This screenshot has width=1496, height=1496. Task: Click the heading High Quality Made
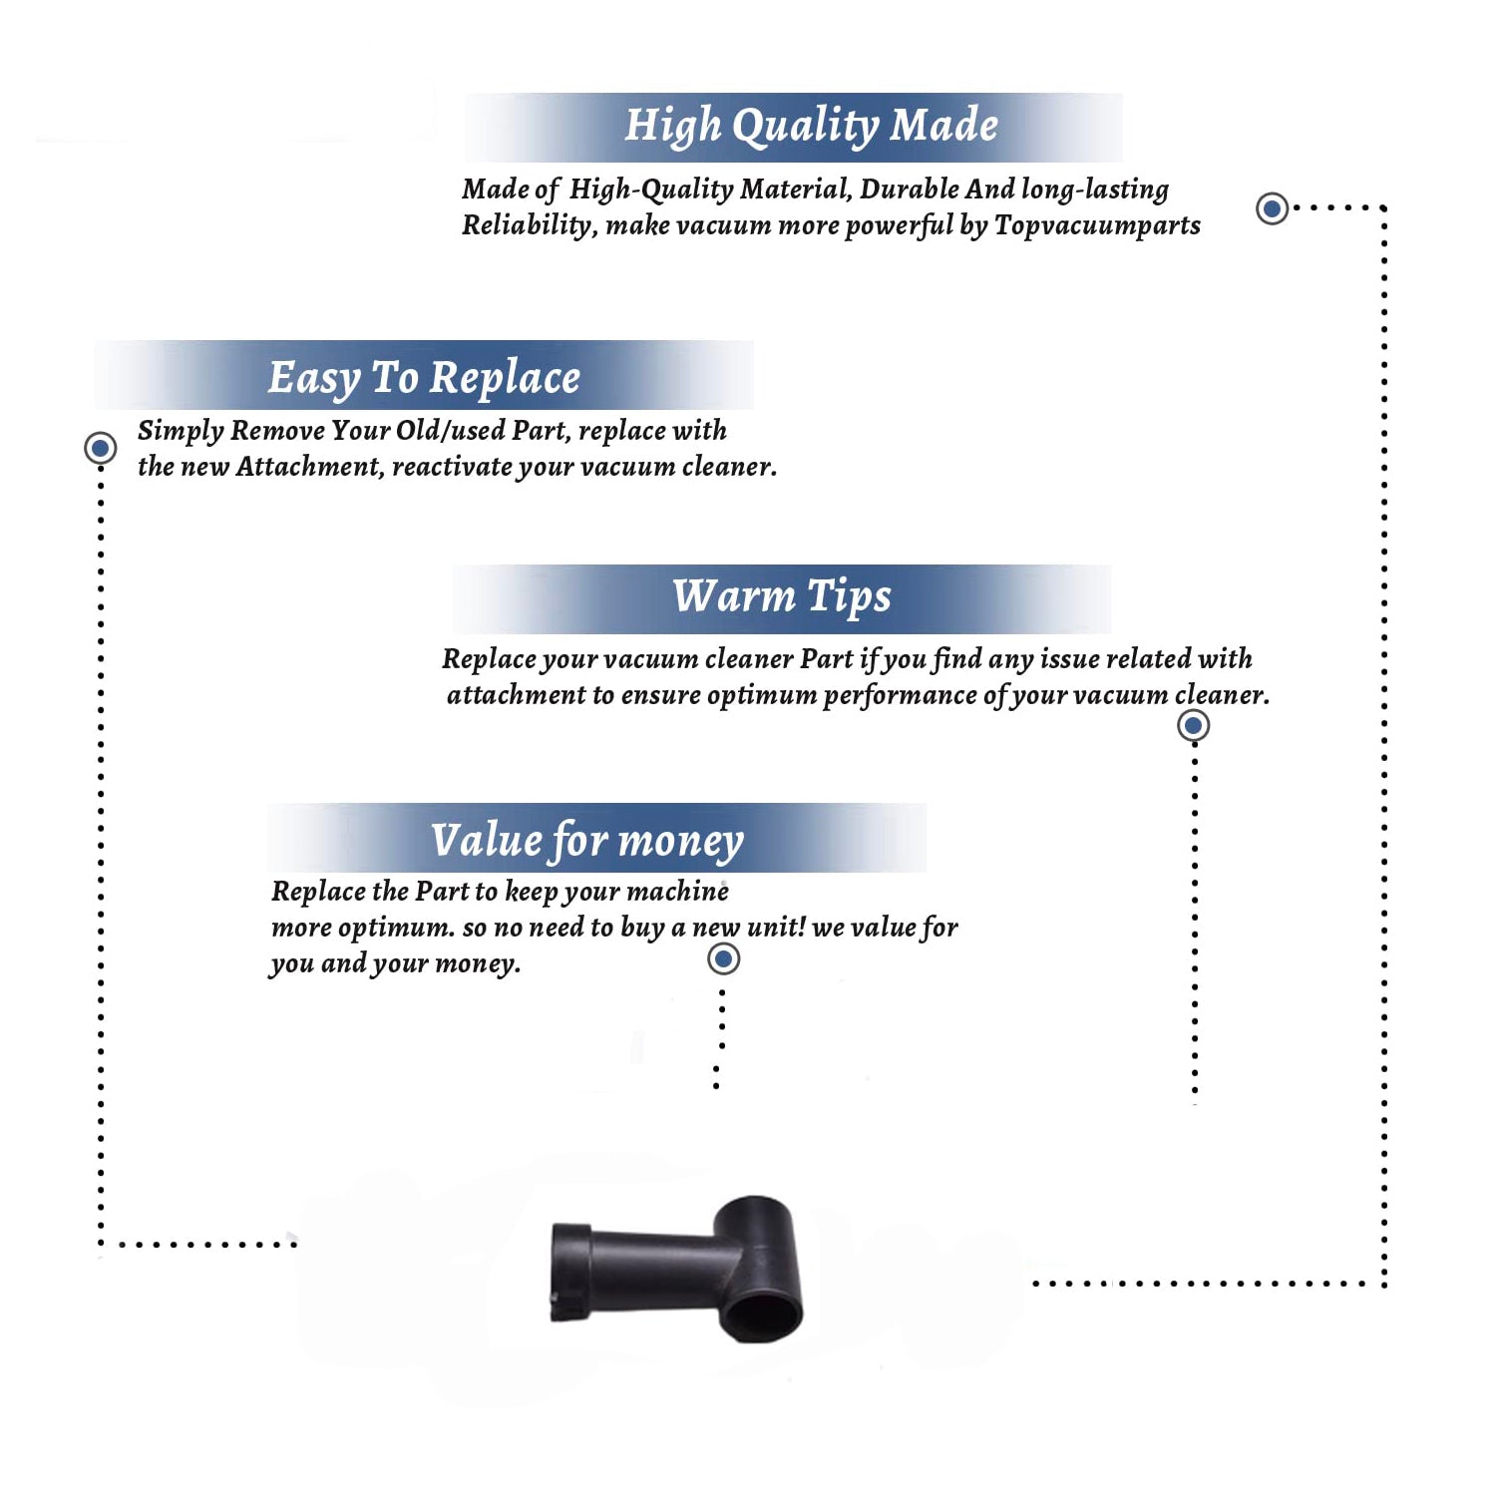coord(811,127)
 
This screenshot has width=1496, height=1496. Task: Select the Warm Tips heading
coord(781,596)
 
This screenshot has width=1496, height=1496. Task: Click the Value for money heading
coord(587,841)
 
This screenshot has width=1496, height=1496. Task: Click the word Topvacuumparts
coord(1097,226)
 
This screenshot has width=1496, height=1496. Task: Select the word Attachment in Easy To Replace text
coord(310,467)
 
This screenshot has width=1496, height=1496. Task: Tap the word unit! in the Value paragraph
coord(776,928)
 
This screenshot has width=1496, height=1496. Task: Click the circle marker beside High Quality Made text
coord(1272,208)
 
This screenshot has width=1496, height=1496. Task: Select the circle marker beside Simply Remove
coord(100,448)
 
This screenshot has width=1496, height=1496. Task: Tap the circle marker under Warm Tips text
coord(1193,725)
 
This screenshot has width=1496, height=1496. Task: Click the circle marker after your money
coord(723,959)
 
